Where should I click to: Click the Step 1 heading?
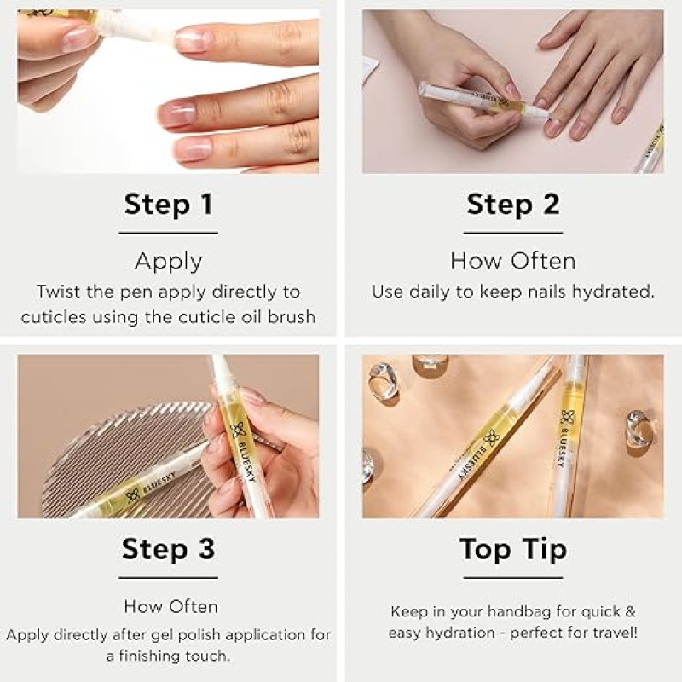(168, 204)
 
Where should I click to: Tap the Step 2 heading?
(513, 204)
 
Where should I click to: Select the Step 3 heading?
(168, 548)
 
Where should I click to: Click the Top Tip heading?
(513, 549)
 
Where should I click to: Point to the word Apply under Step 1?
(168, 262)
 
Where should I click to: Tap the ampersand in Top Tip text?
(630, 611)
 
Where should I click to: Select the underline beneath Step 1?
(168, 233)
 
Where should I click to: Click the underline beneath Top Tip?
(513, 578)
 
